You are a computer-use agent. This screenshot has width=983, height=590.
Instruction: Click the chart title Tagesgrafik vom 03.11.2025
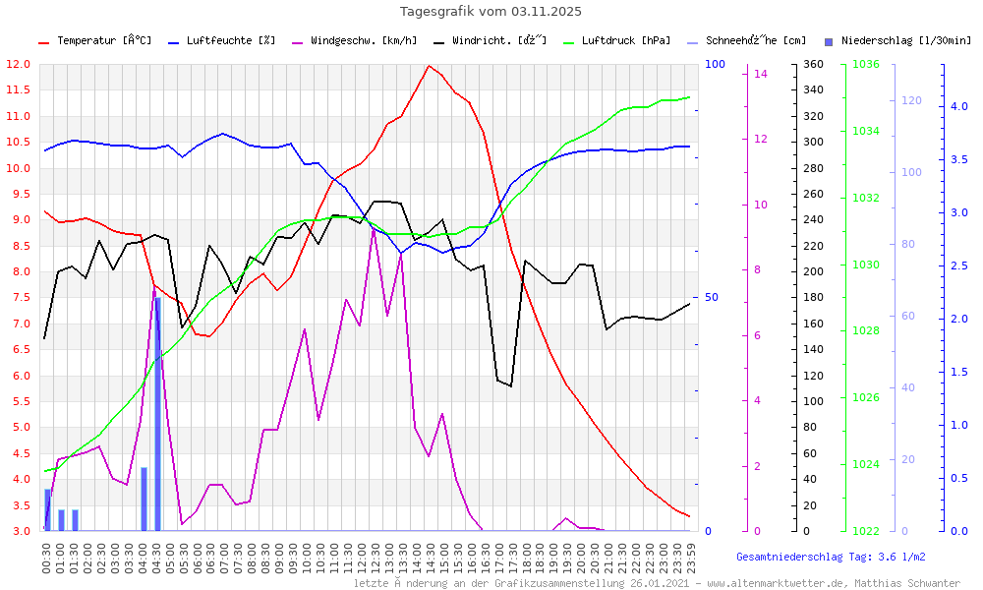[491, 12]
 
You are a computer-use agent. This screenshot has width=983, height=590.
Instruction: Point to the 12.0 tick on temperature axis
[17, 64]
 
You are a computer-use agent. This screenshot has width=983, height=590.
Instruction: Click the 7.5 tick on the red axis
[17, 298]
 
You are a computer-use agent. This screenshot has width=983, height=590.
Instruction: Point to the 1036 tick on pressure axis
[866, 64]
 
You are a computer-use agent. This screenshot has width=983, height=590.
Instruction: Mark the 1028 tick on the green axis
[866, 331]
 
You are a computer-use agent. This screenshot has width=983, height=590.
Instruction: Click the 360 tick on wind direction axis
[813, 64]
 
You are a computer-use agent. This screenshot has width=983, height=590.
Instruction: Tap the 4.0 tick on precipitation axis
[958, 106]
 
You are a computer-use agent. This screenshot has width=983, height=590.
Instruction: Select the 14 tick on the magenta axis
[761, 74]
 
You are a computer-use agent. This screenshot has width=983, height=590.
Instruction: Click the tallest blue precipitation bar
[157, 413]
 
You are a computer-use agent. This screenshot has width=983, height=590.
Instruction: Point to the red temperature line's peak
[429, 66]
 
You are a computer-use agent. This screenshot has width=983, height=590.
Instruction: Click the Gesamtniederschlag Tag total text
[831, 557]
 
